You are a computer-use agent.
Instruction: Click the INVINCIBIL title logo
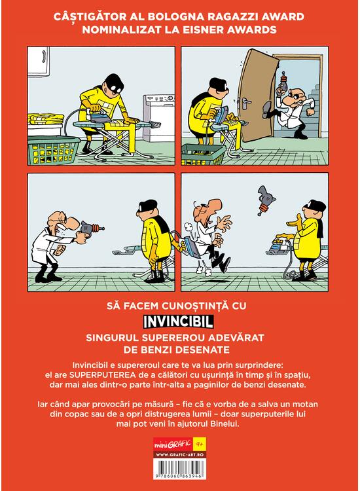pyautogui.click(x=179, y=321)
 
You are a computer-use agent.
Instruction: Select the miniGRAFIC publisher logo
pyautogui.click(x=173, y=444)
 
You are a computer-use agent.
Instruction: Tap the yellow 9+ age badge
pyautogui.click(x=200, y=444)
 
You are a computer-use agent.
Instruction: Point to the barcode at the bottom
pyautogui.click(x=179, y=469)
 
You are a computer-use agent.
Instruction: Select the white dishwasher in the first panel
pyautogui.click(x=158, y=117)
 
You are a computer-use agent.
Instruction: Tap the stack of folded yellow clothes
pyautogui.click(x=47, y=119)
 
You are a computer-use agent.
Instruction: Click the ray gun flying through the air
pyautogui.click(x=266, y=200)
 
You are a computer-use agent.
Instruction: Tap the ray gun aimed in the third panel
pyautogui.click(x=92, y=228)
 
